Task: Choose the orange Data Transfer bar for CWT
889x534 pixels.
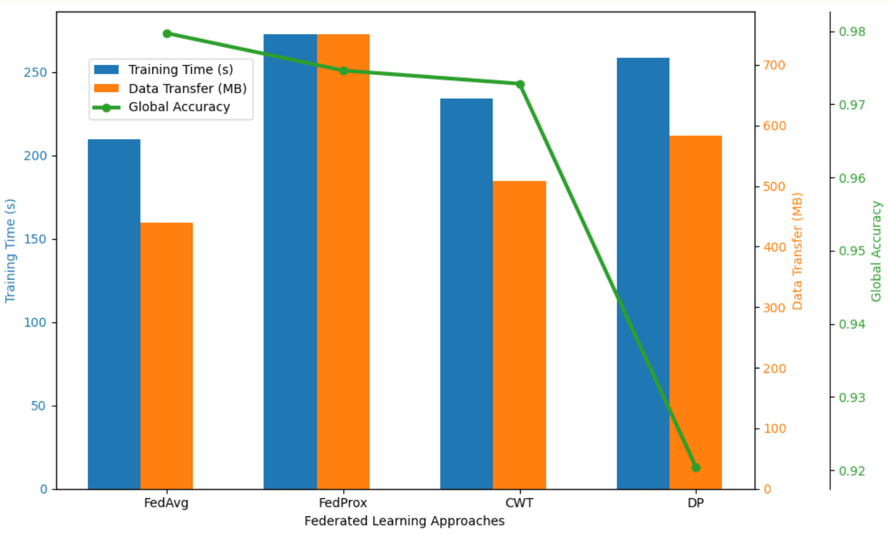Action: tap(519, 334)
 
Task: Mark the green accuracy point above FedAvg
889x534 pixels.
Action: tap(167, 34)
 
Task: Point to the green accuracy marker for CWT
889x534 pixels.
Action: tap(520, 84)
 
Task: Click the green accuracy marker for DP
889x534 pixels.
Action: tap(696, 468)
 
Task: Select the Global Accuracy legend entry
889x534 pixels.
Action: tap(179, 107)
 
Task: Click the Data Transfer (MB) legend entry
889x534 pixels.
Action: tap(187, 89)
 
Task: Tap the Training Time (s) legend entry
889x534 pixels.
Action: tap(180, 70)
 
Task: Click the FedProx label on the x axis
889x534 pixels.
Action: tap(343, 503)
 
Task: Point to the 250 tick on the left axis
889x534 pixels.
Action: tap(35, 73)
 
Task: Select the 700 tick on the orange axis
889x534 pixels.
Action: tap(774, 65)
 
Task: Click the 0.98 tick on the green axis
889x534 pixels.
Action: tap(852, 32)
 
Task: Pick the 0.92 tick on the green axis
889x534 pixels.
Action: tap(852, 471)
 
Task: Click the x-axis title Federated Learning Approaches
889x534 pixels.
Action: tap(404, 521)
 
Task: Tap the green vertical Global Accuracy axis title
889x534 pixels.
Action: tap(876, 251)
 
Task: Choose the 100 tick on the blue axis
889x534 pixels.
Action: tap(35, 323)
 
